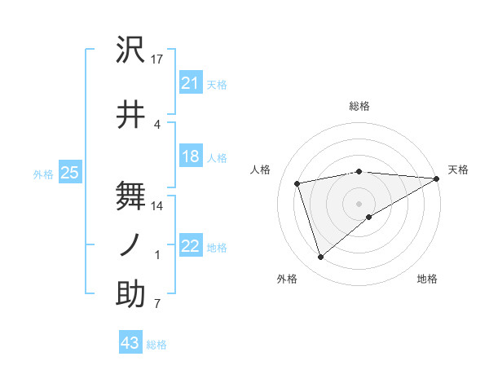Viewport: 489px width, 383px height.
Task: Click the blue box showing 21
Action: coord(190,82)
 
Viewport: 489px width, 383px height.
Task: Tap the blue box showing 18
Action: coord(190,157)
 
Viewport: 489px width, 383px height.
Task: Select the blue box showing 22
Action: coord(190,247)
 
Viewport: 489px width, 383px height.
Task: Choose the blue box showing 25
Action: coord(69,173)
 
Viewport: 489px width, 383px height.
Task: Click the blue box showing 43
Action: coord(130,343)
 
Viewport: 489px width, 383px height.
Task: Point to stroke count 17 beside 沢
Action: coord(157,59)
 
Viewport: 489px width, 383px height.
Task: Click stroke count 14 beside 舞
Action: coord(157,205)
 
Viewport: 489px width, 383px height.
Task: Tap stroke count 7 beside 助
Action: coord(157,304)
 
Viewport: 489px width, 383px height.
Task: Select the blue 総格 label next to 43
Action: coord(156,345)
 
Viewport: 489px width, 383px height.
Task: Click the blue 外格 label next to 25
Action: coord(43,174)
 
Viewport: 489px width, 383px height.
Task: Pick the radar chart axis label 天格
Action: coord(458,169)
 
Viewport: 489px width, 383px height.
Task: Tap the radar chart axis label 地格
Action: coord(427,279)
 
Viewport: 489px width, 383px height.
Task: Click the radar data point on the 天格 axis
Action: coord(437,179)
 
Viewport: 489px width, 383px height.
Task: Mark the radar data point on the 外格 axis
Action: coord(320,258)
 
